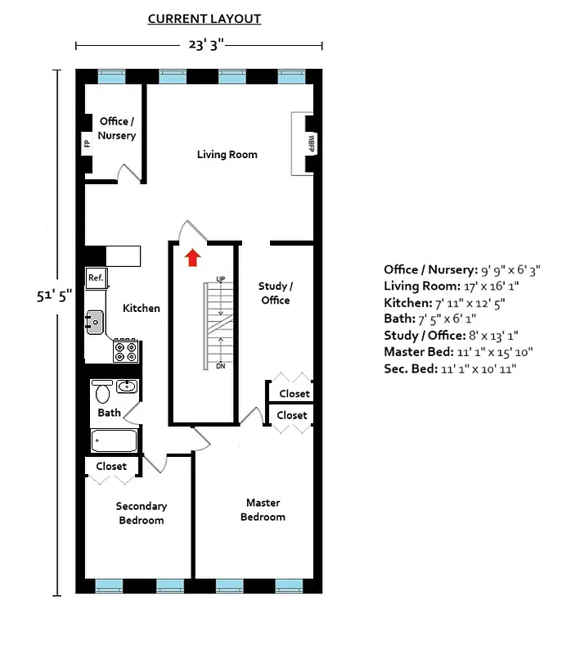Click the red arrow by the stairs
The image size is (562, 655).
click(x=192, y=259)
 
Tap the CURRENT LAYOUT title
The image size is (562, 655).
click(x=205, y=19)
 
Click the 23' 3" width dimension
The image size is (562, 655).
click(x=199, y=46)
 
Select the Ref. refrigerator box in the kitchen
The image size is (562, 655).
click(x=96, y=278)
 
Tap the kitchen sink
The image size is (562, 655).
click(x=96, y=323)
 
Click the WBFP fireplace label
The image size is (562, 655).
click(x=311, y=139)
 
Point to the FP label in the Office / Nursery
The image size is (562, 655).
click(x=86, y=145)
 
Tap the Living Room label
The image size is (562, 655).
click(x=227, y=155)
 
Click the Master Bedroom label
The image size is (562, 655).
click(x=263, y=509)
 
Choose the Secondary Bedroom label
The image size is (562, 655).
click(x=141, y=513)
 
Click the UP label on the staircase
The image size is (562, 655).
click(x=220, y=280)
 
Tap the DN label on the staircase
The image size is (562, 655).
click(x=220, y=366)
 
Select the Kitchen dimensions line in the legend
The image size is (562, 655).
click(x=444, y=303)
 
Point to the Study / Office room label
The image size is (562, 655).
click(x=275, y=293)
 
